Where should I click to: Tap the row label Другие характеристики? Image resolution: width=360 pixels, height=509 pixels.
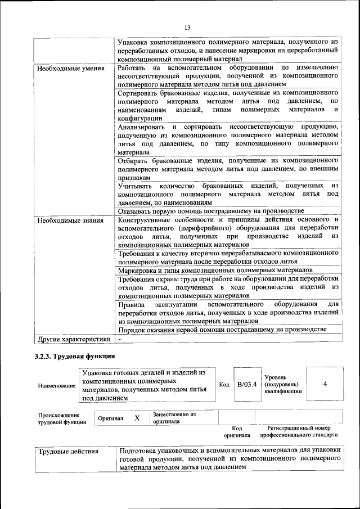[73, 339]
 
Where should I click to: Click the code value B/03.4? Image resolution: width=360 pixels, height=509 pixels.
[246, 384]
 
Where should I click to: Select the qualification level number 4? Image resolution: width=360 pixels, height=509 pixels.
[325, 384]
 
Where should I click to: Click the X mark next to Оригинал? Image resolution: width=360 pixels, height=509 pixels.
[137, 418]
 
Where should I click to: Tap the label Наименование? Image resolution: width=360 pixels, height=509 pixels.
[57, 386]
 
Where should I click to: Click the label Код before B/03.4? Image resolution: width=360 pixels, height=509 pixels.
[224, 384]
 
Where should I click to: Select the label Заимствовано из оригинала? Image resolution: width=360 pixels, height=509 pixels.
[174, 417]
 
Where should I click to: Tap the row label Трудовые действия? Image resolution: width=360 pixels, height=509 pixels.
[68, 451]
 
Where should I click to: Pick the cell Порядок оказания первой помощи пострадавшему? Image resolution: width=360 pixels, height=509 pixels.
[222, 329]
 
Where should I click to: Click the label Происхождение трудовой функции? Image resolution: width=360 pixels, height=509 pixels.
[62, 418]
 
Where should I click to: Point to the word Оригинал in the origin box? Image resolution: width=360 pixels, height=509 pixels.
[110, 419]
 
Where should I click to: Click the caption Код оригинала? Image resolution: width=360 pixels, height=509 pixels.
[236, 431]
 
